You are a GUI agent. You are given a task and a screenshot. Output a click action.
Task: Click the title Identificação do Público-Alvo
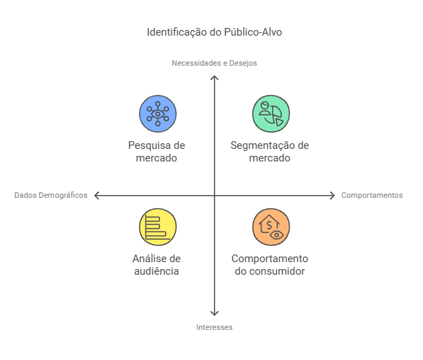coord(215,32)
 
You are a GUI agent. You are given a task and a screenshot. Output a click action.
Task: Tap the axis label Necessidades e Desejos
coord(215,63)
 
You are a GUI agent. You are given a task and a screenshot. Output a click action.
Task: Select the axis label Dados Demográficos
coord(51,195)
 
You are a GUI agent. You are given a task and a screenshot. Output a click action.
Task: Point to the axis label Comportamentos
coord(372,195)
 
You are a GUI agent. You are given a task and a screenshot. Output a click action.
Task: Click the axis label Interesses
coord(215,327)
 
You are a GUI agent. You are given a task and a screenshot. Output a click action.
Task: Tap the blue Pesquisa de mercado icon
coord(157,113)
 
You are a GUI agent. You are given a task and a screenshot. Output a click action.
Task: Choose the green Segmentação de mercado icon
coord(271,113)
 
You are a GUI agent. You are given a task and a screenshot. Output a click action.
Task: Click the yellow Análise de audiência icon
coord(157,227)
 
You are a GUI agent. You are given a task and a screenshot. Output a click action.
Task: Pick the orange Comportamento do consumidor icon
coord(271,227)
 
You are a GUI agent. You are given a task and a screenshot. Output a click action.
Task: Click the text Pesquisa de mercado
coord(157,152)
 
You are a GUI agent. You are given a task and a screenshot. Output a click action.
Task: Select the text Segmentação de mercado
coord(270,152)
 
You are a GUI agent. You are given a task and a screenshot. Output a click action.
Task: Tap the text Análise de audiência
coord(157,265)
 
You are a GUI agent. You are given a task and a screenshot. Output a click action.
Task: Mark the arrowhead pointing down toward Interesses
coord(215,314)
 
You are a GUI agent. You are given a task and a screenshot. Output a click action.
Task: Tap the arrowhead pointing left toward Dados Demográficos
coord(96,195)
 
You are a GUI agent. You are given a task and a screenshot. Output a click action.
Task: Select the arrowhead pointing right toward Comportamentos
coord(333,195)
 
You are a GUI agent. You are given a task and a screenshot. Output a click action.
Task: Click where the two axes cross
coord(215,195)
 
